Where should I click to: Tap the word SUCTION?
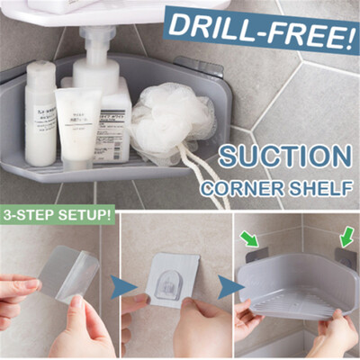283,157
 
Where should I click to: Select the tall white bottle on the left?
40,112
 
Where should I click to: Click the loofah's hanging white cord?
202,175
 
